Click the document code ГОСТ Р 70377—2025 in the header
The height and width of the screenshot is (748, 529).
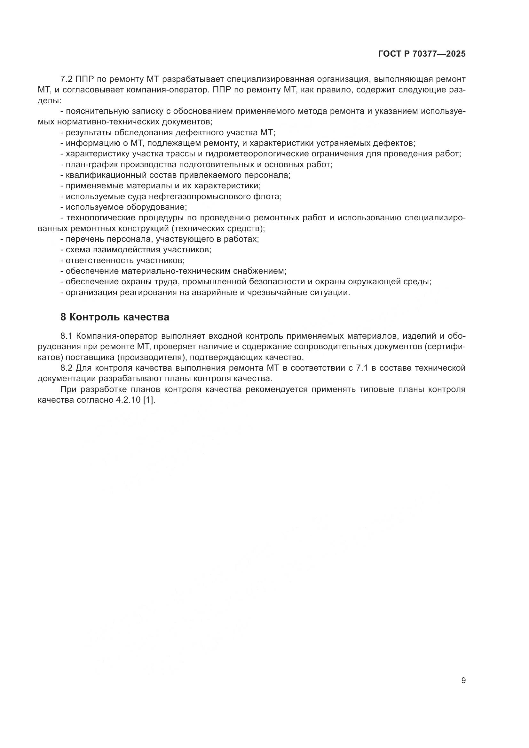[422, 54]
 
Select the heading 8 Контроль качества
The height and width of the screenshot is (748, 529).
[115, 317]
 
